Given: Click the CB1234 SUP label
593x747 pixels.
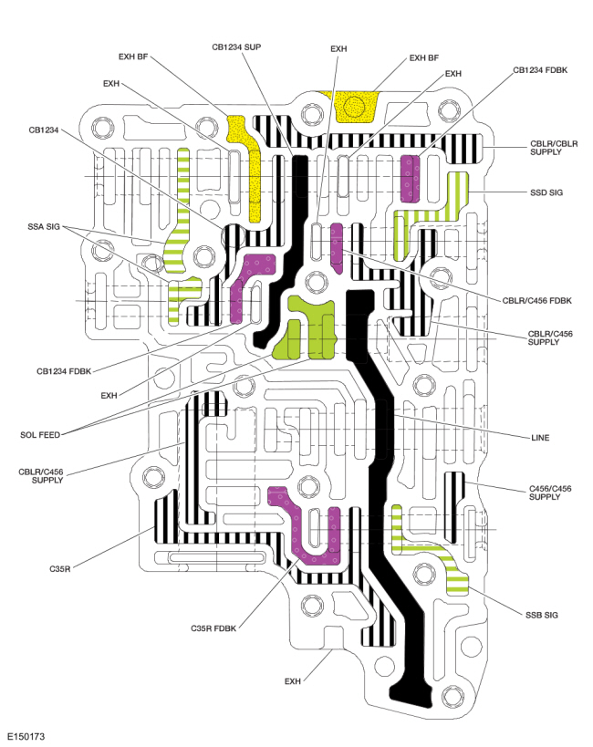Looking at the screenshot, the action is pos(236,47).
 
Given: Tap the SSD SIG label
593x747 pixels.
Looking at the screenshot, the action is pos(546,192).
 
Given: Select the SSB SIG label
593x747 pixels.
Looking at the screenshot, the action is pos(542,615).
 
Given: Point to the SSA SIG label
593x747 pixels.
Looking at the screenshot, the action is pos(44,227).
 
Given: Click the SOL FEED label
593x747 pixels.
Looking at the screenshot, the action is pos(40,435).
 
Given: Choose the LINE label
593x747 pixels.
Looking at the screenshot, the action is pos(540,437).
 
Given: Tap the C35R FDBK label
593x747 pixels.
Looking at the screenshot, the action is pos(213,628).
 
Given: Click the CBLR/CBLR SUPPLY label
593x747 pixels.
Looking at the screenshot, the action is pos(554,148).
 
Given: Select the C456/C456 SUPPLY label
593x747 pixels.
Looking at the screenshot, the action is pos(550,493).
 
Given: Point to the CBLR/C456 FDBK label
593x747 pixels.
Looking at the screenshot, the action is pos(536,301).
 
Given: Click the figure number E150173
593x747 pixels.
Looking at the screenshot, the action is pos(26,737).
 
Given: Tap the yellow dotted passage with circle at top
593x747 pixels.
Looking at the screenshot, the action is pos(355,106).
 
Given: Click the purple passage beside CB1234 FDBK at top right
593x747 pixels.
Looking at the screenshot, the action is pos(410,178).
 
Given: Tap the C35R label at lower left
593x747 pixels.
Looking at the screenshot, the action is pos(60,569).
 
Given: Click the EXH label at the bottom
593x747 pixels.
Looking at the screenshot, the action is pos(293,681).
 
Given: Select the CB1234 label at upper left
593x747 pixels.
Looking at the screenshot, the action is pos(44,130).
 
